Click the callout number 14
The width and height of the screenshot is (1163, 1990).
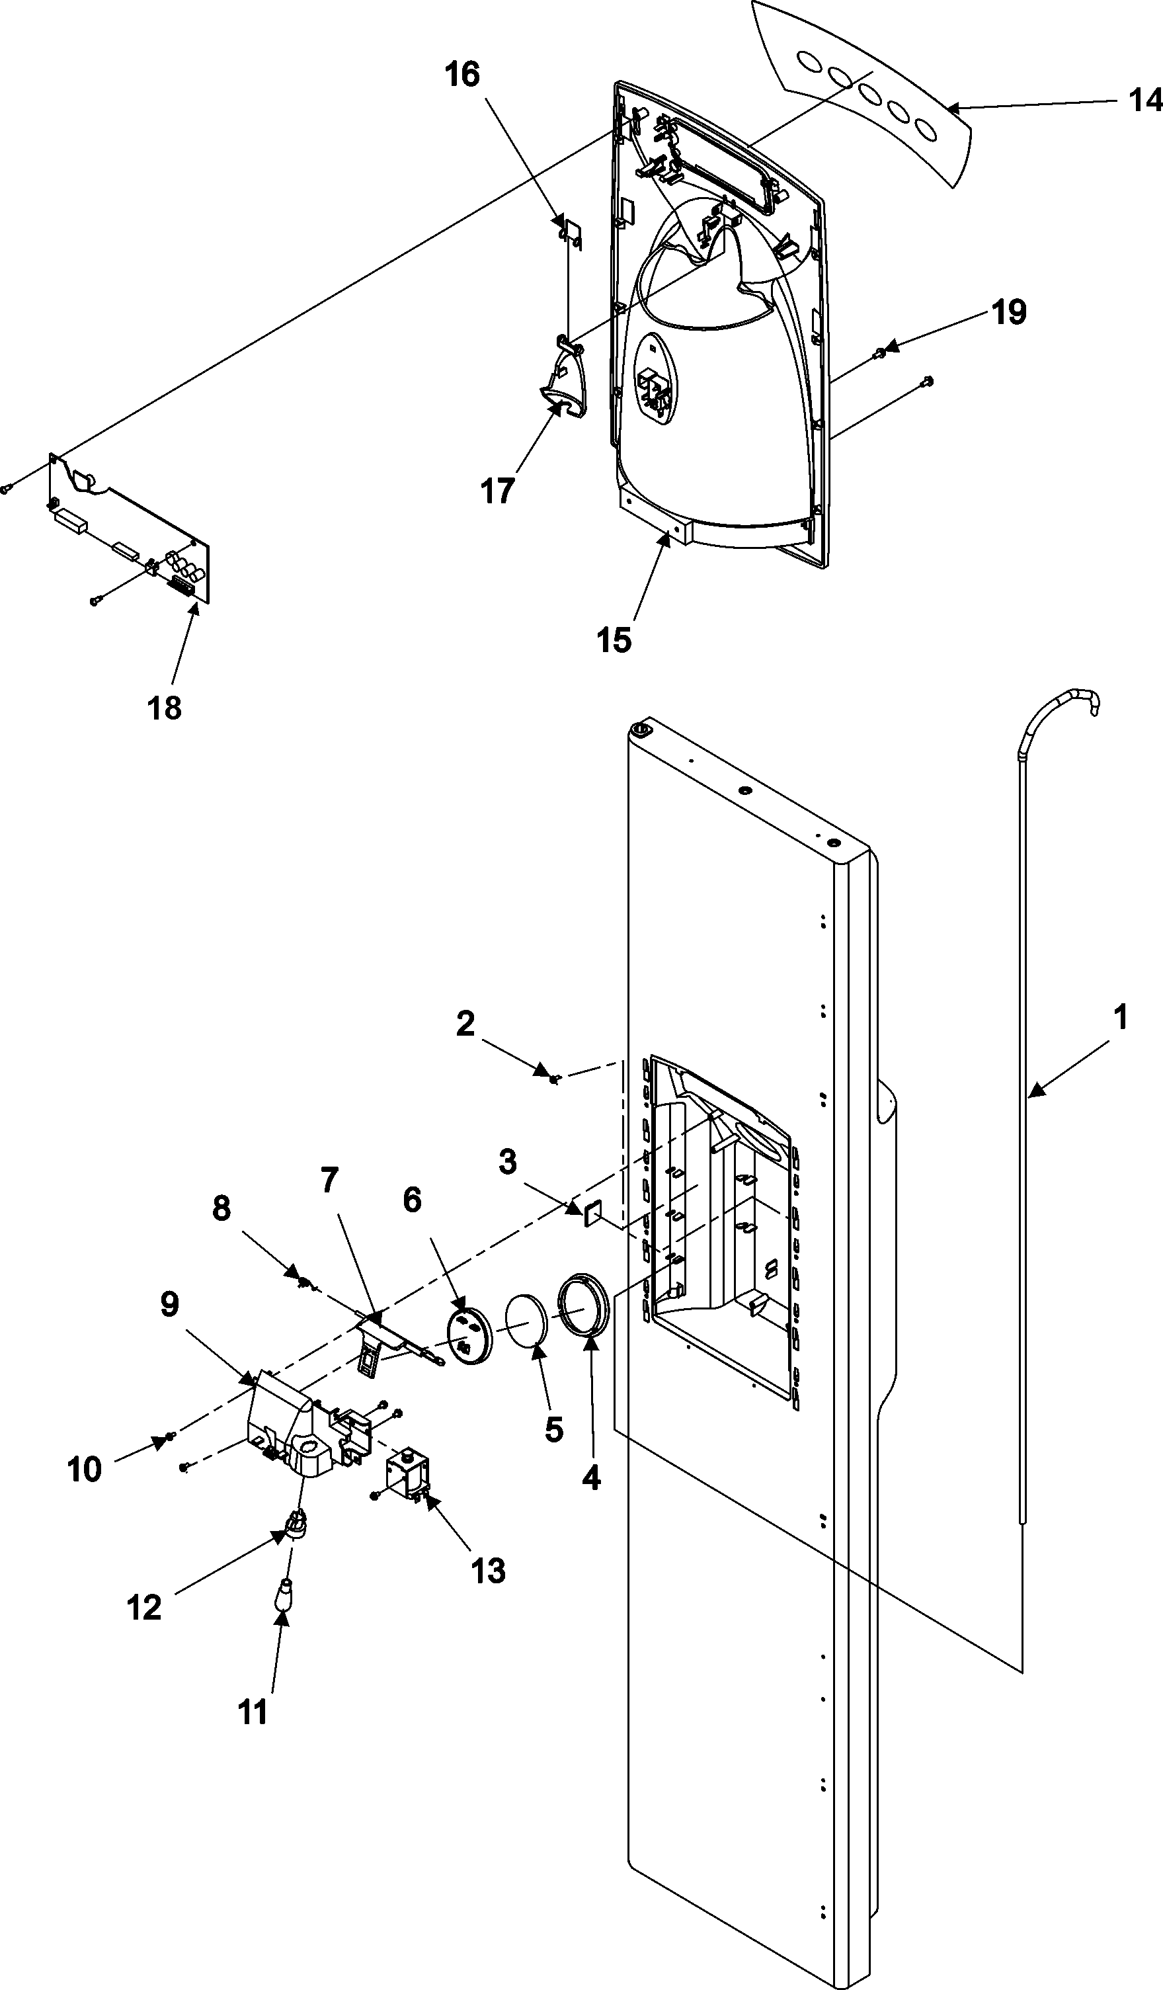[1145, 101]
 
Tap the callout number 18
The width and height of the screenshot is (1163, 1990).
[164, 708]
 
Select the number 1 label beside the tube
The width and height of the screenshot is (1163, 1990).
[1119, 1017]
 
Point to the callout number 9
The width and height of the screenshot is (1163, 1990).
[171, 1306]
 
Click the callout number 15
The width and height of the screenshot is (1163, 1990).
[614, 640]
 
